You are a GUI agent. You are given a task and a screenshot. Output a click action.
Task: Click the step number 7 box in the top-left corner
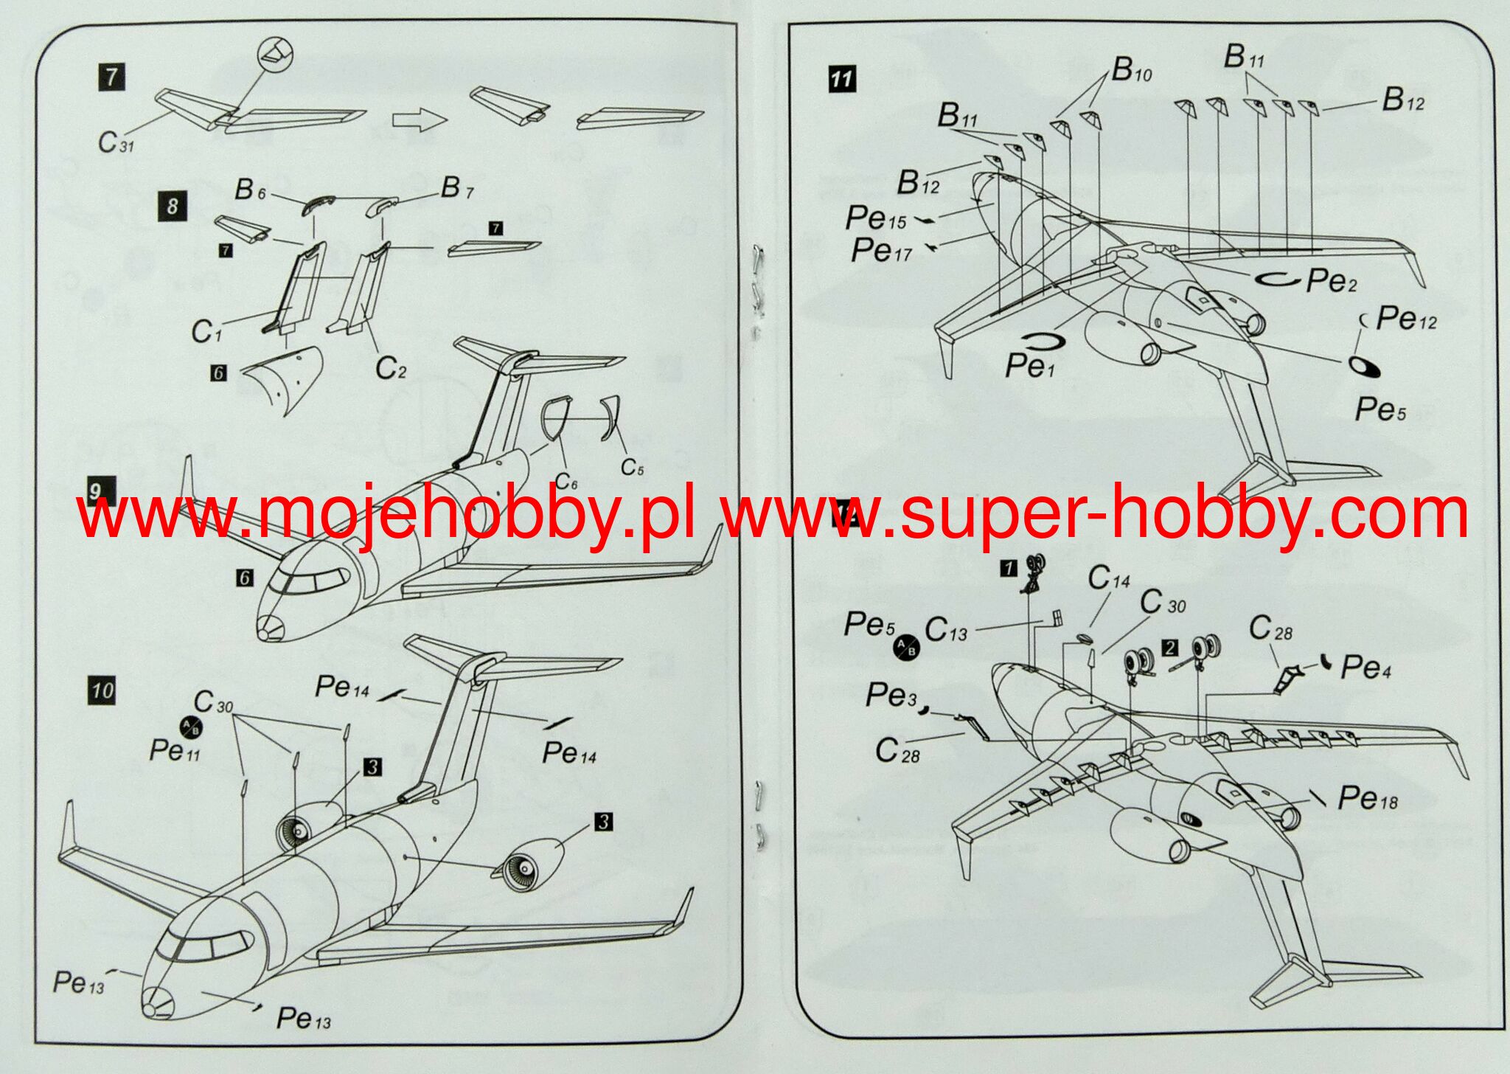111,77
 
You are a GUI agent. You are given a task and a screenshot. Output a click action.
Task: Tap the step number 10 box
102,690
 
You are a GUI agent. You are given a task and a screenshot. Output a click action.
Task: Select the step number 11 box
841,79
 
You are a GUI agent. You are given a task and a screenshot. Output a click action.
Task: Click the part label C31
116,142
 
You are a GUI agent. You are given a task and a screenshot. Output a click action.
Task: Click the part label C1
206,332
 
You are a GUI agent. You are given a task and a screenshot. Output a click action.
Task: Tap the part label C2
390,367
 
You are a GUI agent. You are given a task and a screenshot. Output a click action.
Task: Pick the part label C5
632,467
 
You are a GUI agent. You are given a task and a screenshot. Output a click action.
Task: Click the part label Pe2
1331,280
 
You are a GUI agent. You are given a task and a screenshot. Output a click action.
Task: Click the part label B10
1131,70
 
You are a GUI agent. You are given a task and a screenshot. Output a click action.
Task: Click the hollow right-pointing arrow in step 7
420,119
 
